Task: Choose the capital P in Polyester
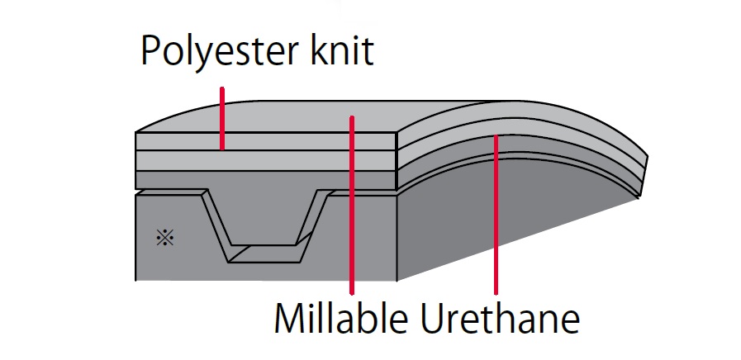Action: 150,50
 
